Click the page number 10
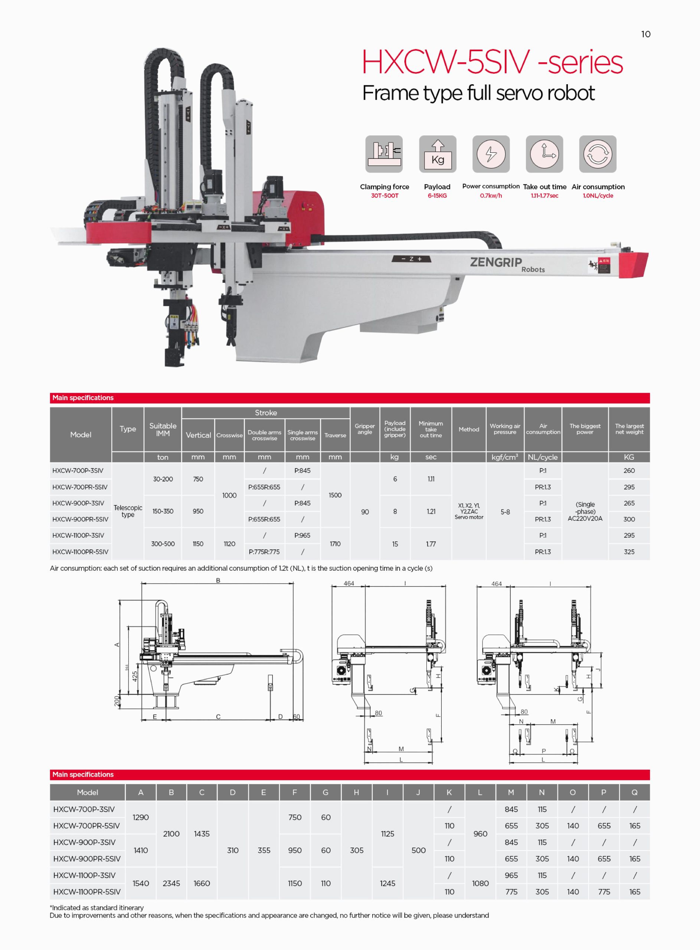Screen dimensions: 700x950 point(645,34)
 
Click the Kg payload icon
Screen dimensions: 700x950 point(438,154)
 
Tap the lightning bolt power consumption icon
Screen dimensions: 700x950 point(491,154)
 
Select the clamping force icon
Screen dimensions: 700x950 point(384,154)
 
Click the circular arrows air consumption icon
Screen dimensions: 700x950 point(598,154)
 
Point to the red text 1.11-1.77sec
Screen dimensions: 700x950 point(544,196)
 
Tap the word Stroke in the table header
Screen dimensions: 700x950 point(266,413)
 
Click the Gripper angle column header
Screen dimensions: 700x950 point(365,429)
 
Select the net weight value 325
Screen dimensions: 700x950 point(629,551)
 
